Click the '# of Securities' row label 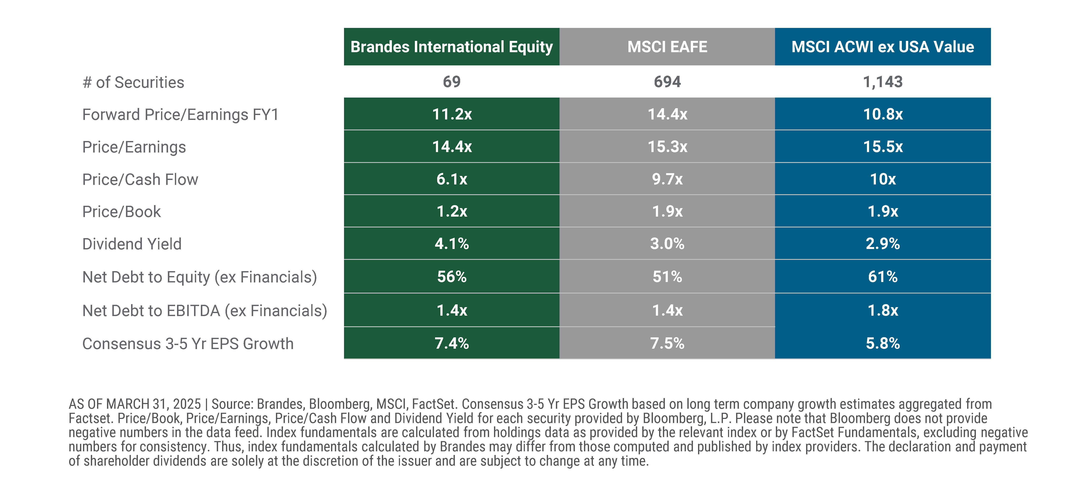(133, 82)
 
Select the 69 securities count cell (451, 82)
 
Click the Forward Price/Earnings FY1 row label (180, 115)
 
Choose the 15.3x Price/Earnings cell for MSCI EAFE (667, 147)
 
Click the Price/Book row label (121, 212)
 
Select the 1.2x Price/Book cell (451, 211)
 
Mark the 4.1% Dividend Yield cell (451, 244)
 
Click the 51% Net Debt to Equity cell (667, 277)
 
